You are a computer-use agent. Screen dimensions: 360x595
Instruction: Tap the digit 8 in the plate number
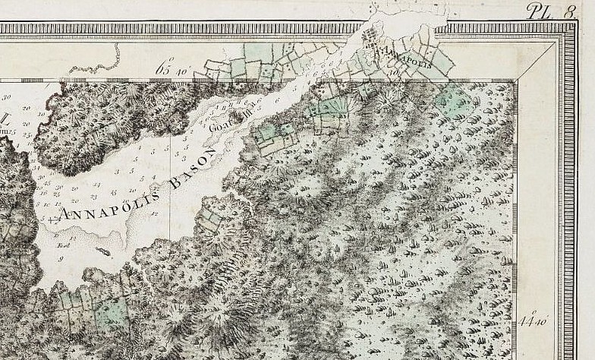coord(570,10)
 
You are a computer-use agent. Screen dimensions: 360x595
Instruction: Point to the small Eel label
coord(64,245)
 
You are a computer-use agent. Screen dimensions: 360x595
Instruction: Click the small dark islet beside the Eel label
coord(102,251)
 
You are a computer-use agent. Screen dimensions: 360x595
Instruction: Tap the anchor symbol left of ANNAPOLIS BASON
coord(51,221)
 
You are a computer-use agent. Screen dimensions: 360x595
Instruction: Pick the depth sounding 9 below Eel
coord(59,260)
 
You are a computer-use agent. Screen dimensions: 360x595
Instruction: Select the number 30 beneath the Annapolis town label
coord(398,71)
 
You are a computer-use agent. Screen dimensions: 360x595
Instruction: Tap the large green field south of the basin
coord(113,311)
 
